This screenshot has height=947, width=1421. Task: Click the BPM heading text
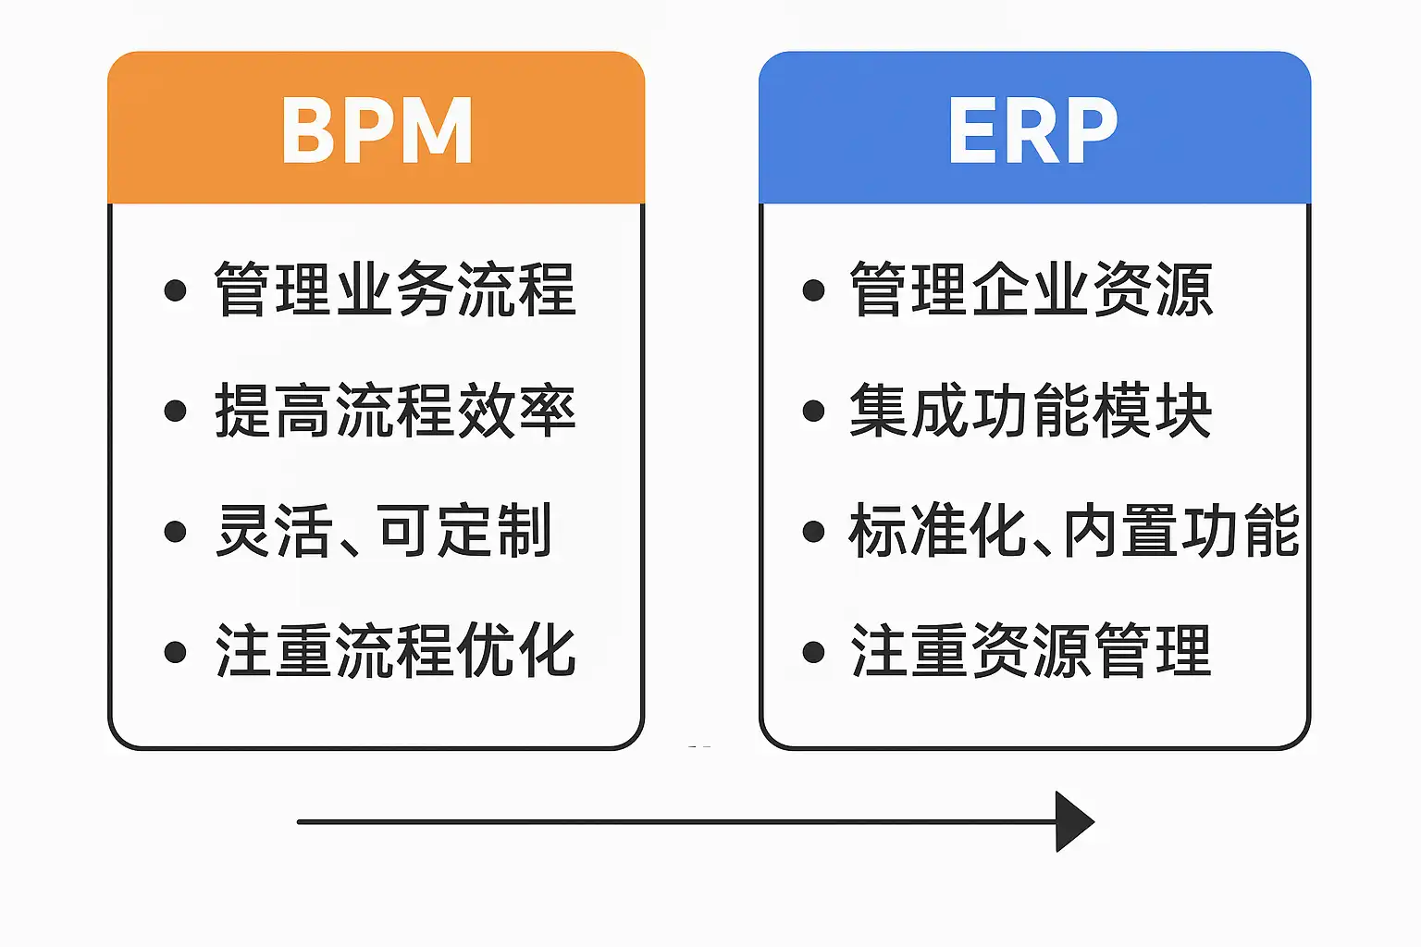(x=377, y=130)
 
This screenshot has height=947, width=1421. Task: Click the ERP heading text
(x=1032, y=130)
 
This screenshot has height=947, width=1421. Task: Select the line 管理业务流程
(x=395, y=289)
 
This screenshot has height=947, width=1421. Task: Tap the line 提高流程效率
(x=395, y=411)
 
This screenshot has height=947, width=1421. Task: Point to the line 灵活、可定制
(x=383, y=531)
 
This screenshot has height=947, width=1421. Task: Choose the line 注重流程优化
(x=395, y=651)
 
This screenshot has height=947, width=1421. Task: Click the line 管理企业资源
(x=1031, y=289)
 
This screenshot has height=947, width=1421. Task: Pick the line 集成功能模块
(x=1031, y=411)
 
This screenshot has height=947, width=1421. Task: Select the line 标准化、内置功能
(x=1073, y=531)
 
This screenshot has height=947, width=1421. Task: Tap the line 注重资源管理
(x=1031, y=651)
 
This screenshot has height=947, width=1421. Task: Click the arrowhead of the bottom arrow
(x=1073, y=821)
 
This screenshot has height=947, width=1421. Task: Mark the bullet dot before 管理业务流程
(x=175, y=290)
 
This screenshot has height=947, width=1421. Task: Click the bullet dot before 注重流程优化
(x=175, y=652)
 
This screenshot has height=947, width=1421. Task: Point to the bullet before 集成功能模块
(x=813, y=411)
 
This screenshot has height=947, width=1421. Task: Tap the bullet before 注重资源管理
(x=813, y=652)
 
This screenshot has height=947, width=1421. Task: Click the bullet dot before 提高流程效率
(x=175, y=411)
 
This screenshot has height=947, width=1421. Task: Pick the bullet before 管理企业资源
(x=813, y=290)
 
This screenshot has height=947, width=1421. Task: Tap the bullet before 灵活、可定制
(x=175, y=532)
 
